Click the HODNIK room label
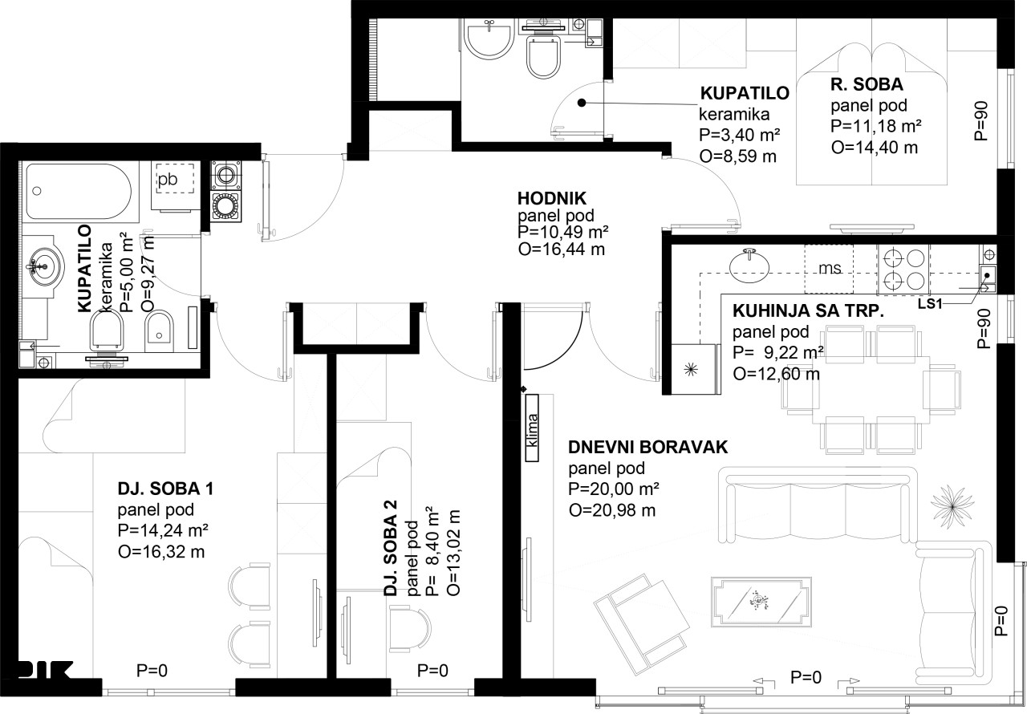click(x=551, y=198)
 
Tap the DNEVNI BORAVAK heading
click(x=647, y=448)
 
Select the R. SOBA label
click(x=867, y=84)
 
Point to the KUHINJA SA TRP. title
click(x=808, y=310)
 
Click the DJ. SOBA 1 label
click(x=165, y=489)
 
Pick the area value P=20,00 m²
click(x=614, y=489)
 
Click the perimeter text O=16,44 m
click(x=562, y=249)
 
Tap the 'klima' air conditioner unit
click(x=532, y=427)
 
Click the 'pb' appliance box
click(x=175, y=179)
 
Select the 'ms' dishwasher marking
click(x=829, y=269)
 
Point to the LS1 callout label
click(x=929, y=303)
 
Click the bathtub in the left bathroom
click(x=79, y=191)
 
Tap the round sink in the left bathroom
click(x=43, y=266)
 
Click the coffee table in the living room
click(x=761, y=602)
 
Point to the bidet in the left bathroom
click(x=159, y=332)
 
